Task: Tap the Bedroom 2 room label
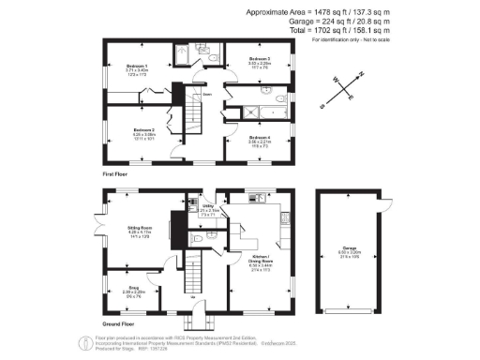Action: [x=143, y=130]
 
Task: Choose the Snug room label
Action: [x=133, y=289]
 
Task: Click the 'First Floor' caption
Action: [x=114, y=175]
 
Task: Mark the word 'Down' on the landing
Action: [x=205, y=94]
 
